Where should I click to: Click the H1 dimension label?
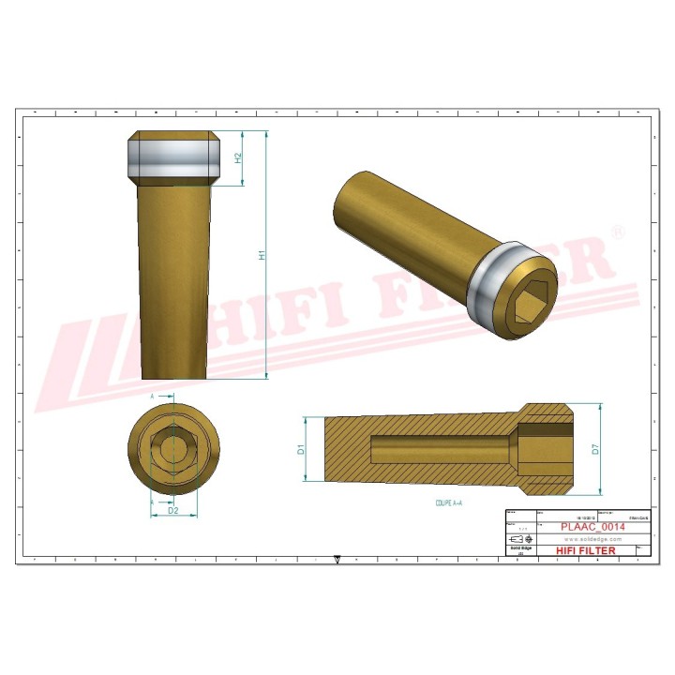(x=263, y=254)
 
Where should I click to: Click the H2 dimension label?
(x=238, y=158)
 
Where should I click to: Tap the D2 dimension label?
(x=172, y=511)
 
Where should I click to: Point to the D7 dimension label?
(x=594, y=449)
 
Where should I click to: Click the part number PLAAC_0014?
(x=592, y=527)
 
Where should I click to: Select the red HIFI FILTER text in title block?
(x=587, y=550)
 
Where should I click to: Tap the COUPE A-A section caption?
(x=451, y=502)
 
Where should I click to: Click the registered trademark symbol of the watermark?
(x=617, y=231)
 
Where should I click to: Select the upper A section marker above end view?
(x=152, y=397)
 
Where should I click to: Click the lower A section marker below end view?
(x=152, y=502)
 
